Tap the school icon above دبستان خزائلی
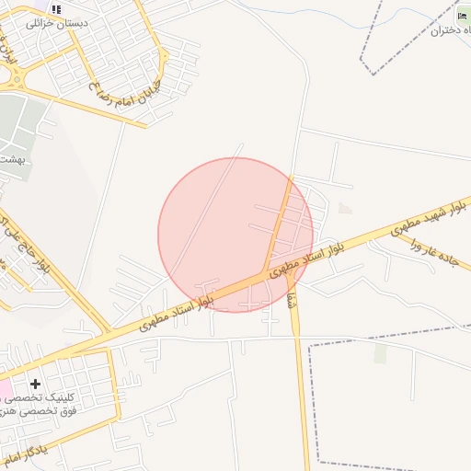pyautogui.click(x=56, y=9)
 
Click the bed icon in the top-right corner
pyautogui.click(x=463, y=16)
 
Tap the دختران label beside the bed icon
pyautogui.click(x=450, y=30)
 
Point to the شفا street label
pyautogui.click(x=293, y=298)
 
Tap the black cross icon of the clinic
pyautogui.click(x=35, y=384)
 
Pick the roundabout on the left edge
pyautogui.click(x=7, y=79)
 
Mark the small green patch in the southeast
pyautogui.click(x=380, y=353)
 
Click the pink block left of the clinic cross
pyautogui.click(x=5, y=389)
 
